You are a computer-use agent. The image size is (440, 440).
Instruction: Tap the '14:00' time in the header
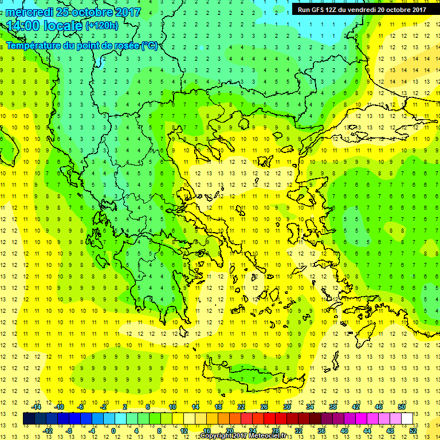point(25,26)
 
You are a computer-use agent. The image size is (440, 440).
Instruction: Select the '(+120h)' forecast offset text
point(102,26)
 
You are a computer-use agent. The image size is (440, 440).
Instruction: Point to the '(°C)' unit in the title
point(150,45)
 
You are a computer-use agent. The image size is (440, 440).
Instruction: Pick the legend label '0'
point(113,430)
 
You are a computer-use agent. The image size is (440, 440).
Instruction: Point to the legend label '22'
point(241,407)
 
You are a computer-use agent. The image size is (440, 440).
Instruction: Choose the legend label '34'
point(310,407)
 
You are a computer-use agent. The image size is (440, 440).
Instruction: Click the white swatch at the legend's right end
point(407,419)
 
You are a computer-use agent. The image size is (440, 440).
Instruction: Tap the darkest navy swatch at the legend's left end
point(29,419)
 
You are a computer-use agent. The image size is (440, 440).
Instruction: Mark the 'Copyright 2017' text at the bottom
point(221,436)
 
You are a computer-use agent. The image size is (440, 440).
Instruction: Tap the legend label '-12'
point(48,430)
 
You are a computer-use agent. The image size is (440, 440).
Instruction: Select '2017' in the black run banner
point(418,9)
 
